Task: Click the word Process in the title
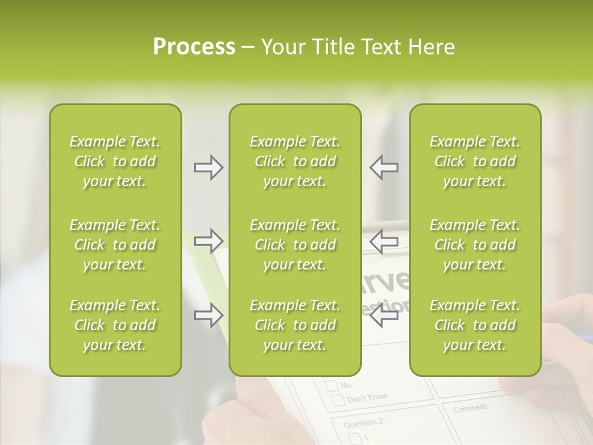194,47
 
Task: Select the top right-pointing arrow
208,167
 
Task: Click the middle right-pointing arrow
208,240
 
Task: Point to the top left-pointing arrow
384,167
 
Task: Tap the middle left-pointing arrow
384,240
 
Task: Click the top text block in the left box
115,161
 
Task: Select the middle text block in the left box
115,245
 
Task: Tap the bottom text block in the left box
115,325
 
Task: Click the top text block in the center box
295,161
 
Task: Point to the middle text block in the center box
295,245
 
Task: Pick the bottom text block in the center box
295,325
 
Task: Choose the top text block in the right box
474,161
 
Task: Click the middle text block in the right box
474,245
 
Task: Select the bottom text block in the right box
474,325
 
